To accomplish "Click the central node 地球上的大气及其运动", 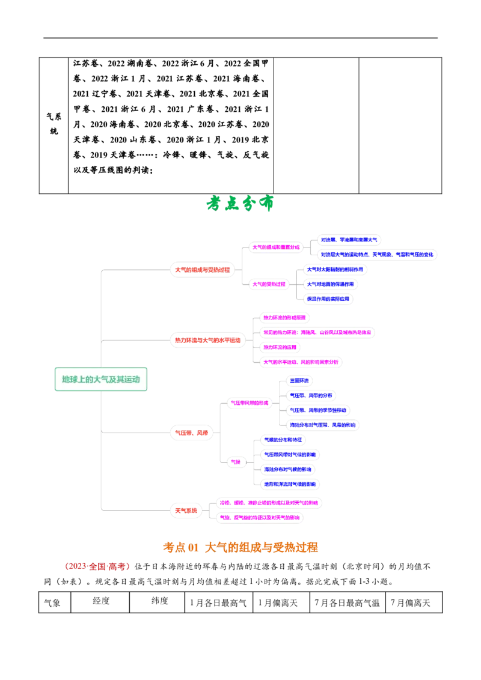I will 101,379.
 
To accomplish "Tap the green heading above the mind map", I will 239,204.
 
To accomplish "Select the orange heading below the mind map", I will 240,547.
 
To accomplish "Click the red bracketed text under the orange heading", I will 96,566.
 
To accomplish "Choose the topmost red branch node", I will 202,270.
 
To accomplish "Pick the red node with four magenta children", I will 207,341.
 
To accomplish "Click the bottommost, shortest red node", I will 185,510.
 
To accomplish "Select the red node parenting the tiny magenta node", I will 191,432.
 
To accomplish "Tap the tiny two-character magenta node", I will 236,462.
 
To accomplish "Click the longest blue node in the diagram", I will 377,254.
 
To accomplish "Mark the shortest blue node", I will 299,380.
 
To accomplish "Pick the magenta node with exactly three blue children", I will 269,284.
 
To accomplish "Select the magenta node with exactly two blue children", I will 276,246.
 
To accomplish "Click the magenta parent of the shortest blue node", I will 250,403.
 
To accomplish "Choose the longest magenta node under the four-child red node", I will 317,332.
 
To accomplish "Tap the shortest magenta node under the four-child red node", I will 281,347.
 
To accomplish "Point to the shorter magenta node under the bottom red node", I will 260,517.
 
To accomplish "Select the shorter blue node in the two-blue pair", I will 349,240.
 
